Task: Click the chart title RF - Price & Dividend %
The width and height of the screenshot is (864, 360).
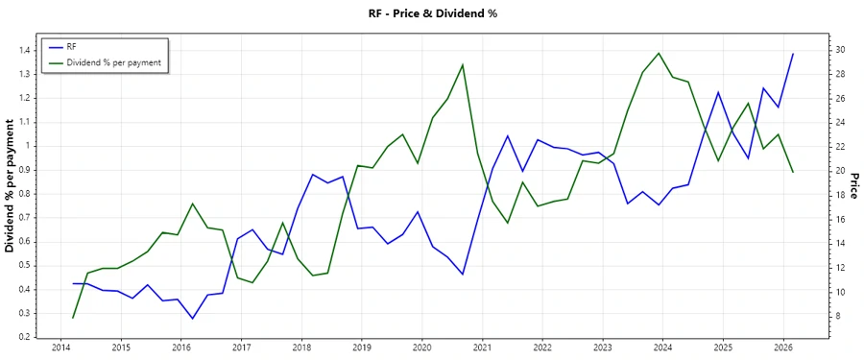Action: coord(431,13)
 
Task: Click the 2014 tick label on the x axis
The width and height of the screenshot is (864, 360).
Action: coord(60,347)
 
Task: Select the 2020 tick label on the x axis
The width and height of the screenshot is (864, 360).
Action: coord(421,347)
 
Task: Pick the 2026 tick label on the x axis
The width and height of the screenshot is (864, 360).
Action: coord(783,347)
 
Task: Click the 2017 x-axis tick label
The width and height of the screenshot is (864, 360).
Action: coord(241,347)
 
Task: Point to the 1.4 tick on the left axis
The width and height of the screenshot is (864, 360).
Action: coord(22,50)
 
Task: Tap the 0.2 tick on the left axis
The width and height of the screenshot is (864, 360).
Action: coord(22,337)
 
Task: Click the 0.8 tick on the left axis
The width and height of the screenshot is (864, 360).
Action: coord(22,194)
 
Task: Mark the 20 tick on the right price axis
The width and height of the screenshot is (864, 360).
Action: coord(840,171)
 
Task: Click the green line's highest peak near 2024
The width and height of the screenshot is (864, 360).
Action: coord(659,53)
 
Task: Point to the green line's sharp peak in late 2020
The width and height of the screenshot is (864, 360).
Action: coord(463,64)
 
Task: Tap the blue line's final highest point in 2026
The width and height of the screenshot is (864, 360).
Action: coord(793,54)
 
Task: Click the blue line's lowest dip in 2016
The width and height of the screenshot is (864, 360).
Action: coord(192,319)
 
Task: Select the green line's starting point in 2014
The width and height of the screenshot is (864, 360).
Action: coord(73,318)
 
